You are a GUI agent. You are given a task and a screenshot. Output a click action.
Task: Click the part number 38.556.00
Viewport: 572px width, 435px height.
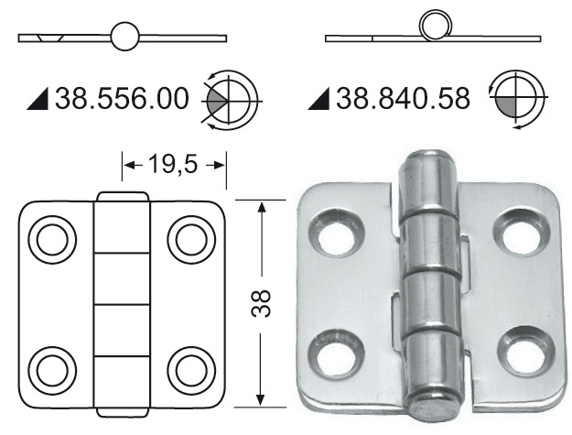coord(124,96)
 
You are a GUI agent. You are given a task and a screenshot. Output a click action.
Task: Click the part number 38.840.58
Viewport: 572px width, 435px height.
coord(404,96)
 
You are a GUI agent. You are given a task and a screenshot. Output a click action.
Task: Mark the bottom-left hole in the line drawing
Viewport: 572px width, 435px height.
coord(48,369)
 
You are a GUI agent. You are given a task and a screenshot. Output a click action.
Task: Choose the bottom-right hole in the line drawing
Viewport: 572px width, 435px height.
coord(191,369)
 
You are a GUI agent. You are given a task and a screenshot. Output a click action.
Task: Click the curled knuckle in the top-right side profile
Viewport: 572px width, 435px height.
coord(434,27)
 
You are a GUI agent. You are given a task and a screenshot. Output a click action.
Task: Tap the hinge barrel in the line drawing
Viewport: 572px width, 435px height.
coord(121,302)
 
